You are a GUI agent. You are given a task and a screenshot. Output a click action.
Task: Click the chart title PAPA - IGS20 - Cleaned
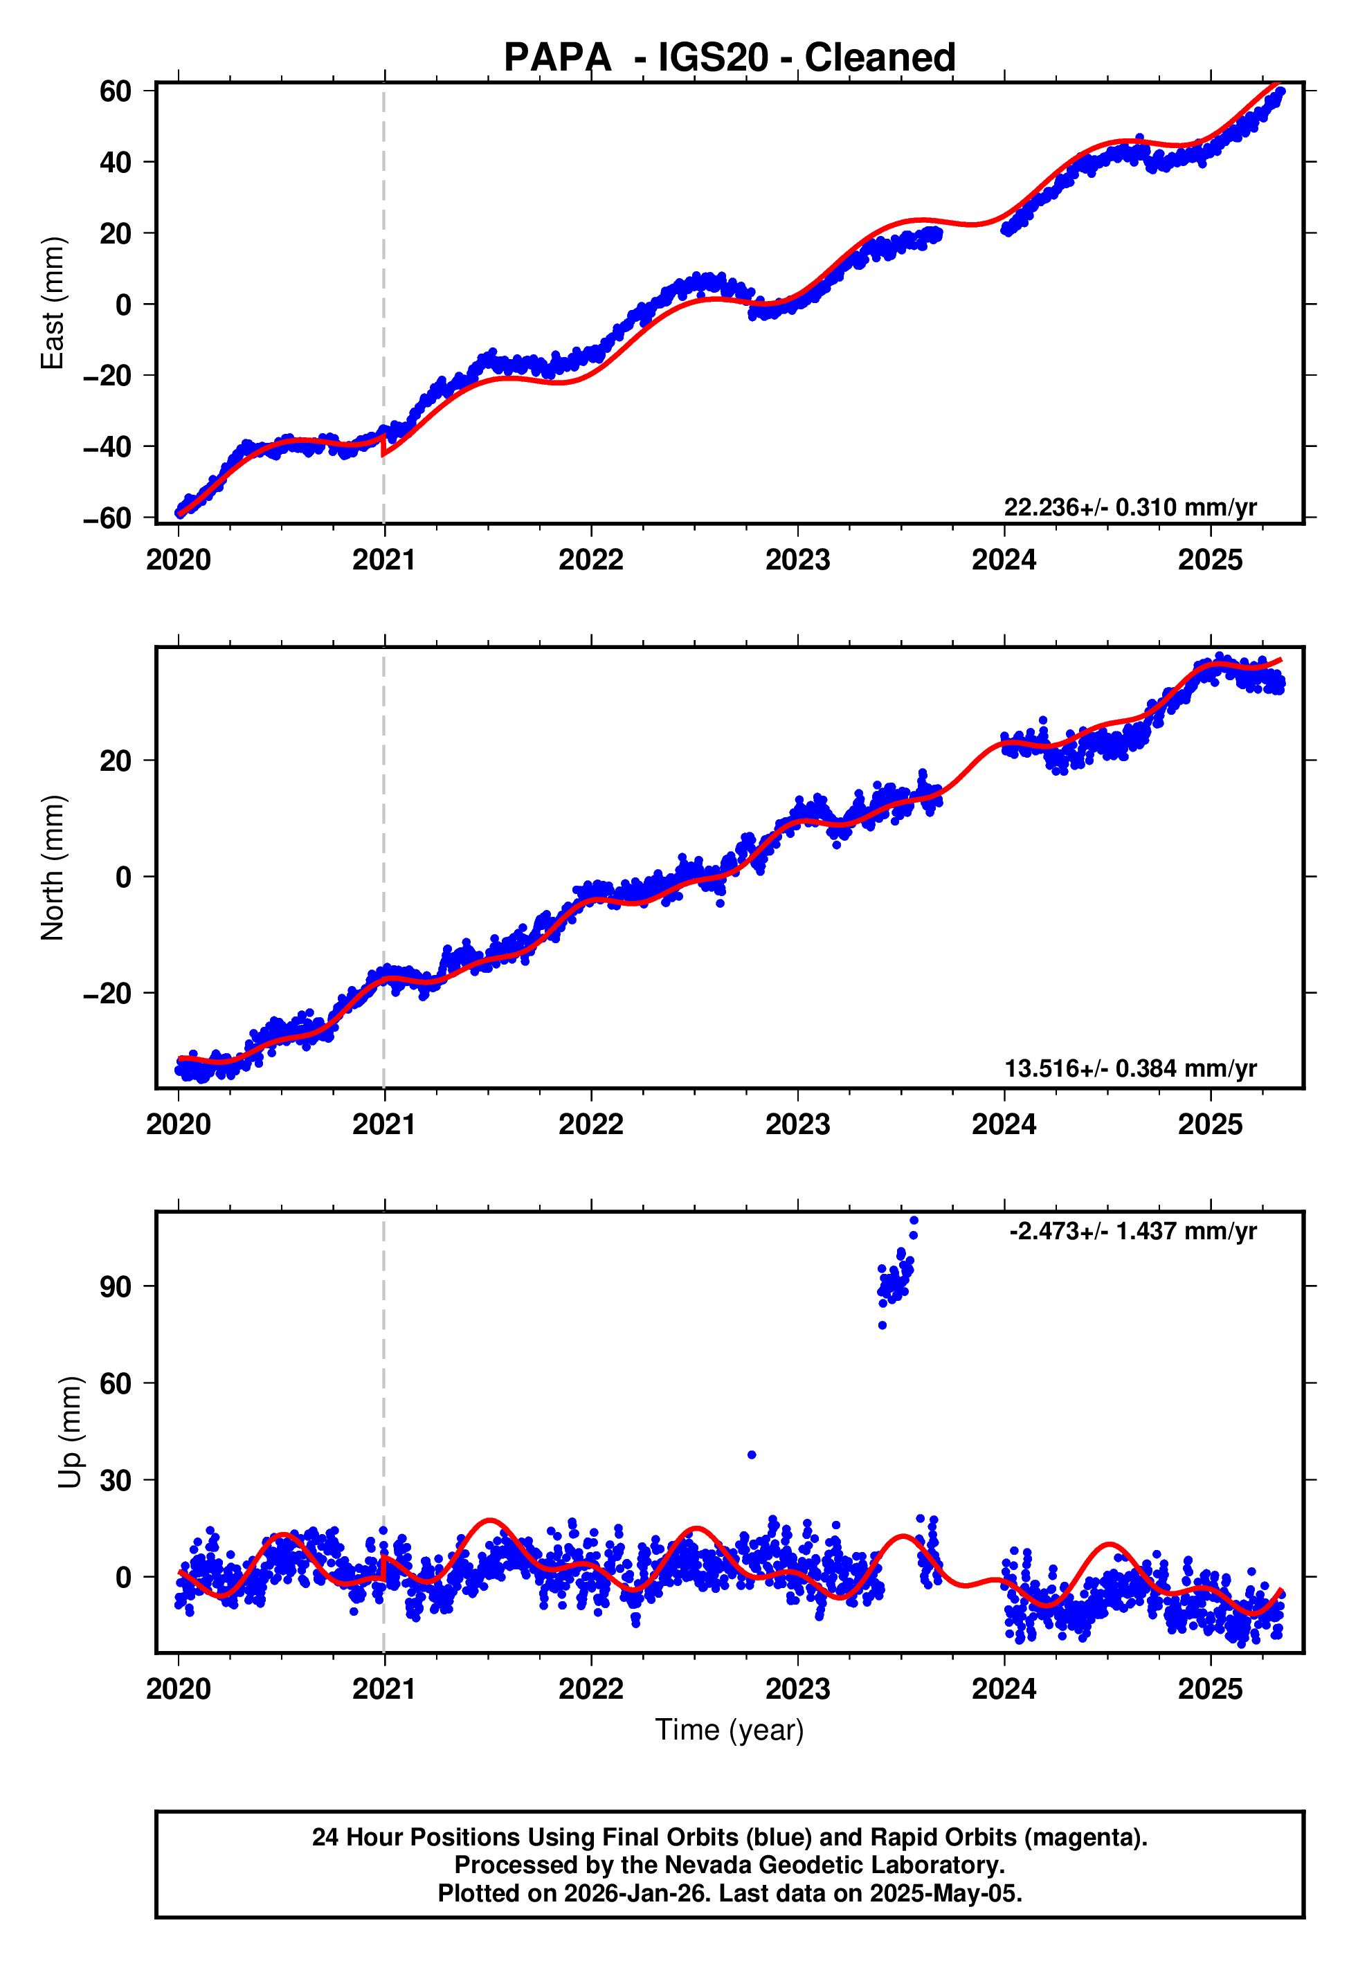click(x=730, y=58)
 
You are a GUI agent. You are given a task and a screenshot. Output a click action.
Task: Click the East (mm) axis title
click(x=53, y=303)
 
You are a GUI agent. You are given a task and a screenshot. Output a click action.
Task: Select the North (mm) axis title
click(x=53, y=868)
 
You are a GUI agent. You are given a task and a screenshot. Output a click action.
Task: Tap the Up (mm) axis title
click(x=70, y=1432)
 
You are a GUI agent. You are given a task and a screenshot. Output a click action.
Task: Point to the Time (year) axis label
click(x=730, y=1730)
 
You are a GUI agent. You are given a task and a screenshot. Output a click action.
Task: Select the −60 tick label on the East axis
click(x=107, y=518)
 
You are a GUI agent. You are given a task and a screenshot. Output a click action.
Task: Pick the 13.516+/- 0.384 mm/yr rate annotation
click(x=1130, y=1068)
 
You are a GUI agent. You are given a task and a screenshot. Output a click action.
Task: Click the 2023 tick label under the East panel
click(x=797, y=560)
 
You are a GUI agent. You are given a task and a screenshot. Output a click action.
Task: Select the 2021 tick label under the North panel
click(x=383, y=1124)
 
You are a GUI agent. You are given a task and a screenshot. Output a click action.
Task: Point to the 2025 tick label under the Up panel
click(x=1210, y=1689)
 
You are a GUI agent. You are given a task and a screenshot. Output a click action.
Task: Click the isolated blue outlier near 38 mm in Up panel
click(x=751, y=1455)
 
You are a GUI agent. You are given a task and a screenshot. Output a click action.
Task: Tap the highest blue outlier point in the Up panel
click(x=914, y=1221)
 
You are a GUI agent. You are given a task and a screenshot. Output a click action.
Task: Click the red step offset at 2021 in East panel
click(x=383, y=445)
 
